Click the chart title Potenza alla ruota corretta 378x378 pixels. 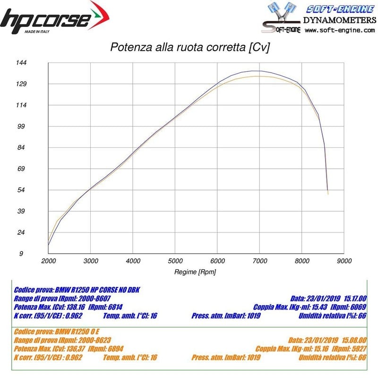tap(189, 48)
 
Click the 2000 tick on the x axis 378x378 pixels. tap(48, 261)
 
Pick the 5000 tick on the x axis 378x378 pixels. tap(175, 261)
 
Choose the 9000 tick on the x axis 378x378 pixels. tap(344, 261)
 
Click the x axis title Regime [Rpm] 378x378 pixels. tap(196, 272)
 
